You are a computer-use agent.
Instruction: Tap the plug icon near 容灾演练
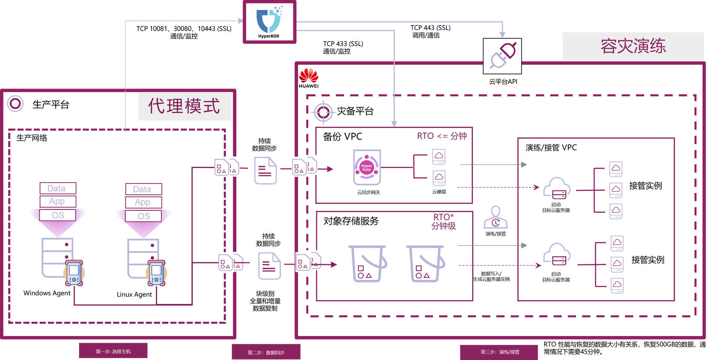point(502,56)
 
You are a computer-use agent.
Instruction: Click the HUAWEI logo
point(309,78)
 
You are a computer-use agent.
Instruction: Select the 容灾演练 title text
point(633,46)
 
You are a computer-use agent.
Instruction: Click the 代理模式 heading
point(184,106)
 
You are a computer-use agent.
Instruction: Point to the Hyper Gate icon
point(367,168)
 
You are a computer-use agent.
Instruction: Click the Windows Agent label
point(47,293)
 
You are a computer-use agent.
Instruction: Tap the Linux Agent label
point(134,295)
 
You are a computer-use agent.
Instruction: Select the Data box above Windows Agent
point(58,188)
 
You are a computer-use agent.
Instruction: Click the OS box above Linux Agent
point(143,216)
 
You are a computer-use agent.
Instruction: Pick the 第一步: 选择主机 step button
point(113,351)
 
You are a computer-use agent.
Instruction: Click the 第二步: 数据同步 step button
point(266,352)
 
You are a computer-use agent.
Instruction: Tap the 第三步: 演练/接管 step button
point(500,352)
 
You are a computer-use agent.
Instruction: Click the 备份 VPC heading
point(342,137)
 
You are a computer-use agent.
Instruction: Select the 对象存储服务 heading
point(351,221)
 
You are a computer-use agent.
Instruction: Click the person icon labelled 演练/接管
point(495,218)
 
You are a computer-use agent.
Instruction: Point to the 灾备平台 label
point(355,111)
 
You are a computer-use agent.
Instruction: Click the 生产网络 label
point(32,138)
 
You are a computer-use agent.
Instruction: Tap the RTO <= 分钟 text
point(442,136)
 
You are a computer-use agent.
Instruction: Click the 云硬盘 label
point(439,192)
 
